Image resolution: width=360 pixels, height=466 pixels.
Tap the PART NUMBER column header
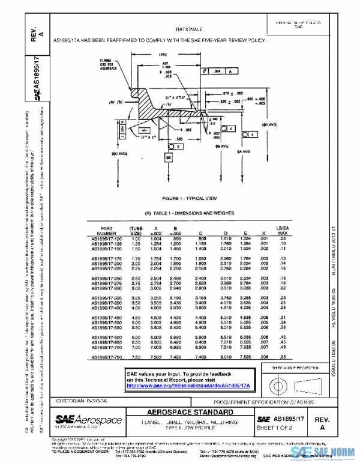[x=106, y=231]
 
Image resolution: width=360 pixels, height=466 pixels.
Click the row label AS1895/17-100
[x=106, y=239]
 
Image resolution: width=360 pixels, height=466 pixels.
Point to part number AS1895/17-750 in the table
[x=106, y=358]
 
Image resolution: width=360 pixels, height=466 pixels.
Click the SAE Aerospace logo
[x=88, y=420]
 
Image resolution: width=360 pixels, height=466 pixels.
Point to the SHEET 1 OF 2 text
[x=280, y=427]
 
